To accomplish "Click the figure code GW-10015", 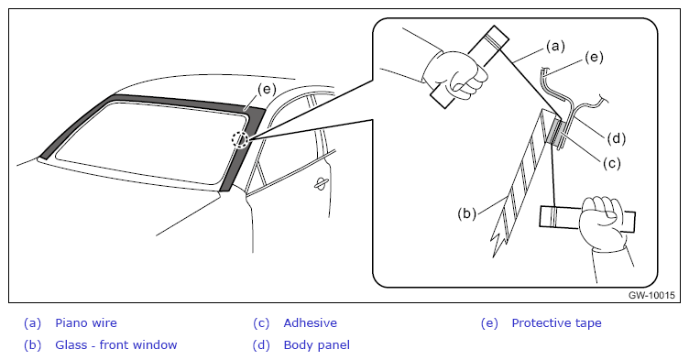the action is coord(651,295).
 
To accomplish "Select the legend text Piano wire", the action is coord(86,323).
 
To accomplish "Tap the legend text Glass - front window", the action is coord(116,344).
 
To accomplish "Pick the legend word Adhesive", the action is coord(311,323).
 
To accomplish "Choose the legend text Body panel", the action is coord(317,345).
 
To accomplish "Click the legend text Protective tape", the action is coord(557,323).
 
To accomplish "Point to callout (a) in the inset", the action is coord(555,46).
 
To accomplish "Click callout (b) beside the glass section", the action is coord(466,213).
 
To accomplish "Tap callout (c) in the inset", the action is coord(611,163).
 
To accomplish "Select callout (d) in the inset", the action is coord(616,138).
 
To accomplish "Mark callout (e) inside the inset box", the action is coord(594,57).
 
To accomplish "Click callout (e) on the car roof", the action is coord(267,89).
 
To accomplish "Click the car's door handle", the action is coord(322,184).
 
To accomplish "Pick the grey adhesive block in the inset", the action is coord(554,131).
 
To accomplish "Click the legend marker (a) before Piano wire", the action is coord(32,323).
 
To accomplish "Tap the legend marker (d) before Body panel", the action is coord(261,345).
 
